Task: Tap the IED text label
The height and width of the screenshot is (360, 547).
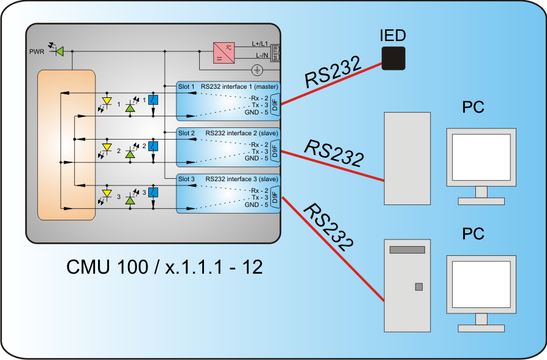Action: click(393, 35)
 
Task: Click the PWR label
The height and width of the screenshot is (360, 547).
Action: click(37, 51)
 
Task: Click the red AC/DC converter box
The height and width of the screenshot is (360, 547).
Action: click(224, 53)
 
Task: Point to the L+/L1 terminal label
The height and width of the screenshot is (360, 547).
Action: click(260, 44)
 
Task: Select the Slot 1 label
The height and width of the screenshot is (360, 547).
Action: click(187, 86)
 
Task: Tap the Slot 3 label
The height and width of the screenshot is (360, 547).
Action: click(187, 179)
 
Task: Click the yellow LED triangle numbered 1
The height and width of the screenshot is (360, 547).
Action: click(107, 100)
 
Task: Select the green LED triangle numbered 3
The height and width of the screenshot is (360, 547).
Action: click(130, 200)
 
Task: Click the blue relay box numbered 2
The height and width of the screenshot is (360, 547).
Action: click(154, 147)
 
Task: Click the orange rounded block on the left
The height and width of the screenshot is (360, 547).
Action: click(66, 144)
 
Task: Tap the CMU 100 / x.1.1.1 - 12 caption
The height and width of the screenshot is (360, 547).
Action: click(164, 266)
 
